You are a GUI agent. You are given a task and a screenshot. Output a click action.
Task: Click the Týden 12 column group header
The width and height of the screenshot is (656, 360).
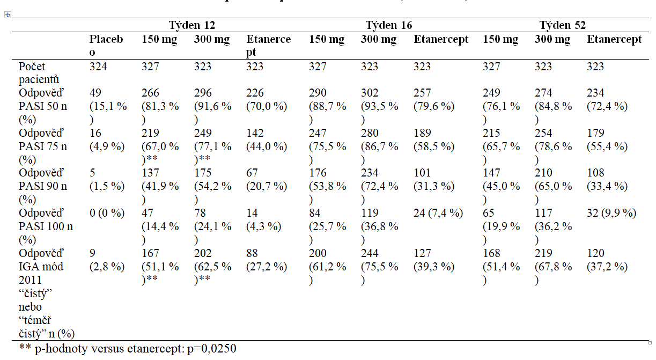coord(192,25)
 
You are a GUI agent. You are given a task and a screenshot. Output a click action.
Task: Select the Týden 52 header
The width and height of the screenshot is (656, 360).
coord(562,25)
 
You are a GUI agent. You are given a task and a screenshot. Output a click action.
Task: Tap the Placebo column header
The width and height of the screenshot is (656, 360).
coord(106,46)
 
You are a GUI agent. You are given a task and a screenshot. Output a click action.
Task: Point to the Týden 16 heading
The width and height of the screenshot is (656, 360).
coord(389,25)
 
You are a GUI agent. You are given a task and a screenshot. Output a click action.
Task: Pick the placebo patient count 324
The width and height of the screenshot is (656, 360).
coord(98,67)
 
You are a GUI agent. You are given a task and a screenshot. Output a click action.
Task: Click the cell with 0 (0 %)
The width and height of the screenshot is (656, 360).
coord(107,213)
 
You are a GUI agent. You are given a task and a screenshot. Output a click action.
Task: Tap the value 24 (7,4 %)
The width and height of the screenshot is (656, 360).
coord(438,213)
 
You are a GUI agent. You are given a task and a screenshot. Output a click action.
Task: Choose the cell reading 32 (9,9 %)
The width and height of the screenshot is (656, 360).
coord(611,213)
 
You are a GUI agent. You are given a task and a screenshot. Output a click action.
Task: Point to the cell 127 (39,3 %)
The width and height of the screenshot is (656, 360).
coord(433,260)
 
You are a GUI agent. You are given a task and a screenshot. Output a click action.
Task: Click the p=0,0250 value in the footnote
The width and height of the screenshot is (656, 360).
coord(212,349)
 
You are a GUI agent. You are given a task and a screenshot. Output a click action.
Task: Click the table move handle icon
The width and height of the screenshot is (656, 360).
coord(7,14)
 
